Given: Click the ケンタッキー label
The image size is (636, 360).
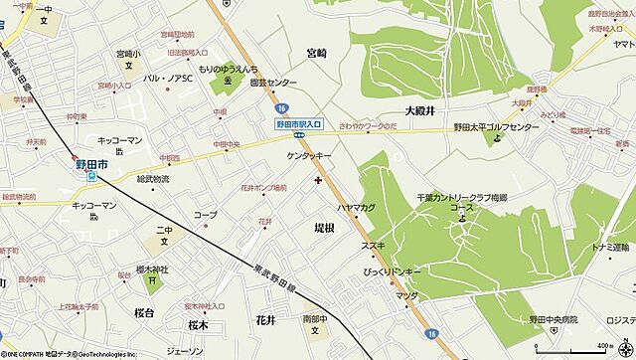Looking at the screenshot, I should (x=308, y=157).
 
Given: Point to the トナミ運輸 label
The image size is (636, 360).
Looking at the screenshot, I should (x=612, y=247).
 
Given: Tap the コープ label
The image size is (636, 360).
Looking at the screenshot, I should (x=206, y=215).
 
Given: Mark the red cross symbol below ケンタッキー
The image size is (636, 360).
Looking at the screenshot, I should (x=317, y=180).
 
